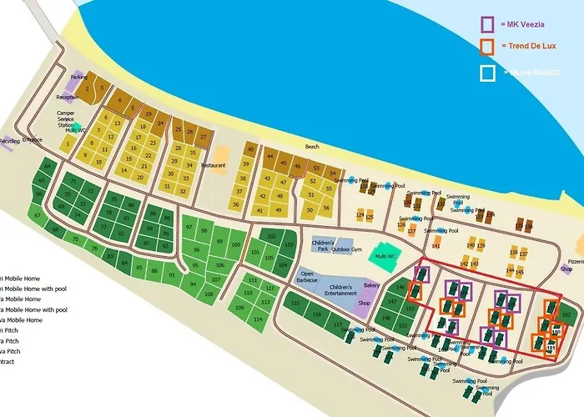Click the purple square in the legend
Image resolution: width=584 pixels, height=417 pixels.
coord(488,24)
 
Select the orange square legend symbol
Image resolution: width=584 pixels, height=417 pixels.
coord(488,47)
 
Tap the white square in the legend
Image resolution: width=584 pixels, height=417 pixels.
coord(488,73)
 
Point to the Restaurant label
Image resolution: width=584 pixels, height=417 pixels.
coord(213,165)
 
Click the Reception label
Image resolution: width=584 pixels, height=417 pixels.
coord(68,97)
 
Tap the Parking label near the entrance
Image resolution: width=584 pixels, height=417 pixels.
coord(78,77)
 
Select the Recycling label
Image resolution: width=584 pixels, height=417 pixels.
coord(9,142)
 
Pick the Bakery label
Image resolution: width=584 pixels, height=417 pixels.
coord(371,285)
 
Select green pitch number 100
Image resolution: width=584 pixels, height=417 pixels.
coord(235,245)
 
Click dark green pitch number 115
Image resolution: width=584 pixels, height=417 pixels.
coord(295,303)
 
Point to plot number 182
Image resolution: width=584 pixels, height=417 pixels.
coord(566,314)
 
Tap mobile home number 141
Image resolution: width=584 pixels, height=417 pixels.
coord(435,246)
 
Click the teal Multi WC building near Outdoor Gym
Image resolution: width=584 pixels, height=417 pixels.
coord(385,256)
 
